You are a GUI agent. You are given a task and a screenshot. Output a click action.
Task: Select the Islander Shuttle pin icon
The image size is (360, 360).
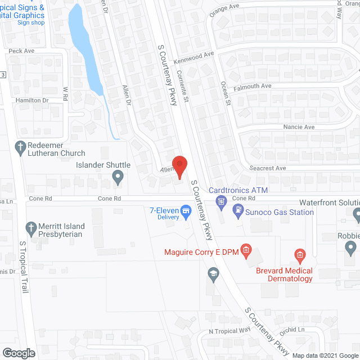tap(118, 178)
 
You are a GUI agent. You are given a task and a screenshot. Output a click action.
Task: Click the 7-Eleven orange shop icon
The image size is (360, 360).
tap(184, 213)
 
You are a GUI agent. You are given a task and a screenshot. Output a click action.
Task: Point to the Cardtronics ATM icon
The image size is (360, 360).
tap(222, 200)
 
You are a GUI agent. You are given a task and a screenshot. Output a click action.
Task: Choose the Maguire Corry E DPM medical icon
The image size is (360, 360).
tap(245, 249)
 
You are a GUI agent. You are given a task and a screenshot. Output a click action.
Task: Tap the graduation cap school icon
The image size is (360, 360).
tap(213, 274)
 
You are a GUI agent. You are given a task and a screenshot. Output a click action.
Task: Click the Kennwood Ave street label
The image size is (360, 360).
tap(194, 56)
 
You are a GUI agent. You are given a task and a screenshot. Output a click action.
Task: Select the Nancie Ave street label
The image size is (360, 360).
tap(299, 127)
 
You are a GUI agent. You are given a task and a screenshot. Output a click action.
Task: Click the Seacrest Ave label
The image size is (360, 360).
tap(268, 168)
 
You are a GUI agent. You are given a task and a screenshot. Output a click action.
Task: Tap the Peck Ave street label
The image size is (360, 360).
tap(21, 51)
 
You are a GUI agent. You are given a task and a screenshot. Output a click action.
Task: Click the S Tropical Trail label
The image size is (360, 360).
tap(24, 270)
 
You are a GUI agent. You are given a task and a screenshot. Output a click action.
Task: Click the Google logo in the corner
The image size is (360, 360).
tap(19, 353)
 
